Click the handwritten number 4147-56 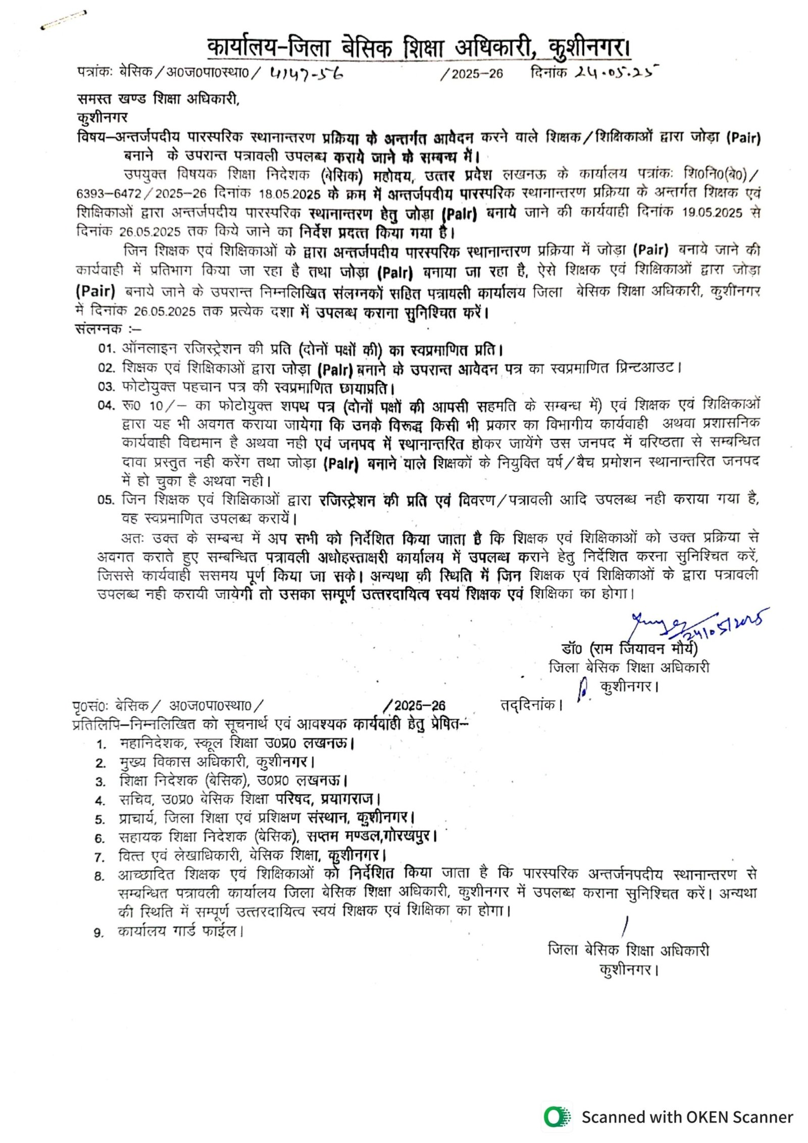coord(307,74)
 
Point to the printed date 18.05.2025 coord(290,194)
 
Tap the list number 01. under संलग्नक coord(107,348)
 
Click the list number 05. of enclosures coord(106,500)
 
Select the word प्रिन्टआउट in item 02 coord(647,368)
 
